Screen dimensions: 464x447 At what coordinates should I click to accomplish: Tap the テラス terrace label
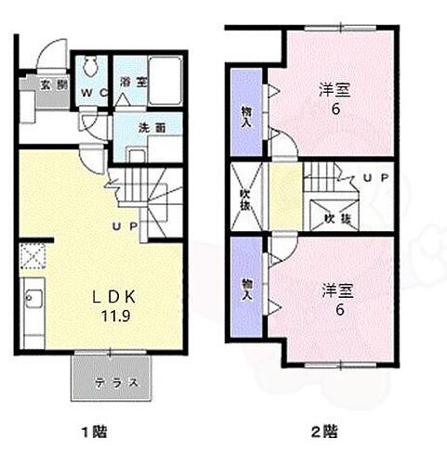(x=118, y=381)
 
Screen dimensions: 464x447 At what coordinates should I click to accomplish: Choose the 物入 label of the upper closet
(x=246, y=111)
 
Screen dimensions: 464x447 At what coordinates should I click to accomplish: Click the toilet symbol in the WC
(x=91, y=67)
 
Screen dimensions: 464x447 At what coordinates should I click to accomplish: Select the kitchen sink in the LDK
(x=31, y=298)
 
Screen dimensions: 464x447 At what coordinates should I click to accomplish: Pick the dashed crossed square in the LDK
(x=33, y=255)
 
